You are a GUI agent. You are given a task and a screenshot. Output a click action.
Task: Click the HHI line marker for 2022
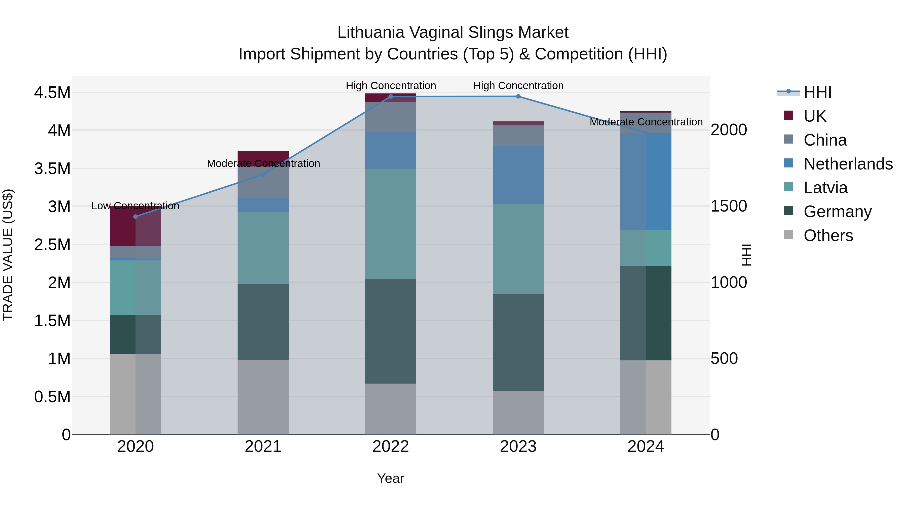point(390,96)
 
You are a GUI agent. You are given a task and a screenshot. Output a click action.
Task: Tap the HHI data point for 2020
point(135,216)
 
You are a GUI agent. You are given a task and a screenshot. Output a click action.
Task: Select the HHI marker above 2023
point(518,96)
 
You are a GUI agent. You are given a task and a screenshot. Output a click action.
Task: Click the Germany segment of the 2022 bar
point(390,331)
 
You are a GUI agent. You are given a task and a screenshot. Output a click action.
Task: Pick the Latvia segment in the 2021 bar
point(263,248)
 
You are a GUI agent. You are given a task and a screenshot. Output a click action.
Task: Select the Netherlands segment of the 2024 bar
point(646,182)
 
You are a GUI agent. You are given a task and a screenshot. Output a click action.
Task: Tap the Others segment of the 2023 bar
point(518,413)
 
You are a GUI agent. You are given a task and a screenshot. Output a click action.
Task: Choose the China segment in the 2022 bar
point(390,117)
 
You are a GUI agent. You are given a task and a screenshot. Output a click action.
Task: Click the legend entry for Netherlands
point(848,164)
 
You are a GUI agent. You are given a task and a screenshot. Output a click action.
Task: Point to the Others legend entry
point(828,235)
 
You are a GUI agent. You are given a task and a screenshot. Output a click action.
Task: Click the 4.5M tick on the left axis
point(52,93)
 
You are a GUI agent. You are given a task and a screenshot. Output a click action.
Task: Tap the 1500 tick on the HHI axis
point(729,206)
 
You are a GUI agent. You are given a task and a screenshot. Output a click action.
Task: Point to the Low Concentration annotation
point(135,206)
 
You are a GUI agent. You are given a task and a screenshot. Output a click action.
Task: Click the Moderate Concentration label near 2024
point(646,122)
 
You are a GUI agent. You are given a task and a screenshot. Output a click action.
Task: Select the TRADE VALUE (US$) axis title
point(8,255)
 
